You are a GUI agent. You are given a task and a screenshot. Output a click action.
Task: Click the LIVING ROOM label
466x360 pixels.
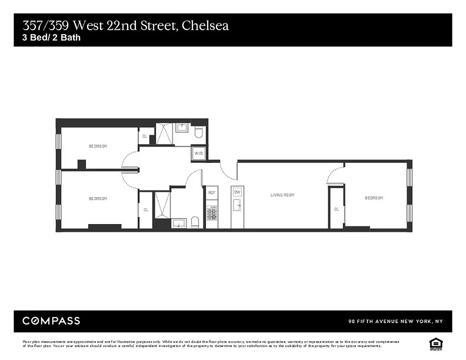point(282,195)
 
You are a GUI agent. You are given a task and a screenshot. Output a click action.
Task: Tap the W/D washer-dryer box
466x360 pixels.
point(199,153)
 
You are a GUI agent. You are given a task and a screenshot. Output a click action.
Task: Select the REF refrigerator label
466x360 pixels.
point(212,193)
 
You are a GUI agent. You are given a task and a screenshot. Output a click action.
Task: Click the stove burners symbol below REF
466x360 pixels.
point(212,212)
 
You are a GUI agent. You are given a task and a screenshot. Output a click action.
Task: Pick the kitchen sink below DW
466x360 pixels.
point(237,206)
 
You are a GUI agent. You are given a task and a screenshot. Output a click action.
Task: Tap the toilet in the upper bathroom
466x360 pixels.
point(199,132)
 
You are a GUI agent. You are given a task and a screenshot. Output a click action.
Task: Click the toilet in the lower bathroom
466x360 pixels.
point(195,222)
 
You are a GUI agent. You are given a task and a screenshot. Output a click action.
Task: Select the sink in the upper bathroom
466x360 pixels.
point(182,127)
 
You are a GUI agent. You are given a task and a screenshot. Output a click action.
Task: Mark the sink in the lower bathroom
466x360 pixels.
point(179,223)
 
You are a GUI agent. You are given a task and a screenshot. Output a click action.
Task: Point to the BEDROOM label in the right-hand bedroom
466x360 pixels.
point(374,198)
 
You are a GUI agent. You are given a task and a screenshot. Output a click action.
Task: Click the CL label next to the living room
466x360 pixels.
point(336,209)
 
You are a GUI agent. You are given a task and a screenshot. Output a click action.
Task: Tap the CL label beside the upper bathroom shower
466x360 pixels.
point(145,136)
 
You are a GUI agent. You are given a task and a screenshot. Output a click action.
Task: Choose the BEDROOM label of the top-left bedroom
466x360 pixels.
point(98,146)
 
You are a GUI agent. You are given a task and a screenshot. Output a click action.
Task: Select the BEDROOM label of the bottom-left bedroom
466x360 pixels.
point(98,198)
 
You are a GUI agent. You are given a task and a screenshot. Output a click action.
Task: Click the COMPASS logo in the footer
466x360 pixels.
point(51,321)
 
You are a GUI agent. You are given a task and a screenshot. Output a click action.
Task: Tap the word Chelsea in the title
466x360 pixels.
point(205,25)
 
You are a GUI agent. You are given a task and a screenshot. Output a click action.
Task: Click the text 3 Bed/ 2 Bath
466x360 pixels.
point(52,38)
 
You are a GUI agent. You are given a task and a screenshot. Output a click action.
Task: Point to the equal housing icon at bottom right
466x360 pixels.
point(435,343)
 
